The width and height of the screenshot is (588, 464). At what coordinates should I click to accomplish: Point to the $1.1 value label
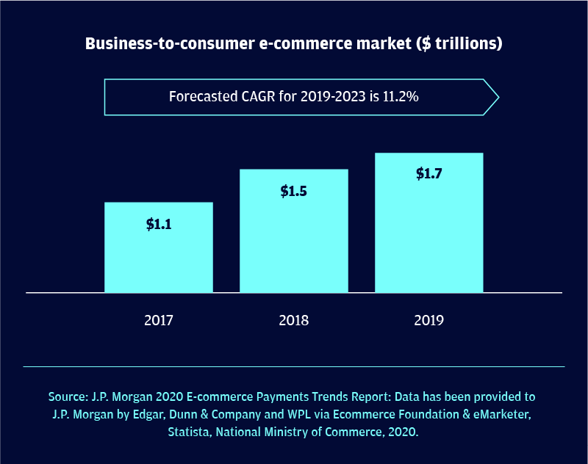tap(159, 225)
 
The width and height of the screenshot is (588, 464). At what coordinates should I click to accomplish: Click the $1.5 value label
tap(294, 192)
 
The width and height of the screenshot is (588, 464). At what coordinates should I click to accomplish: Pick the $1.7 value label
tap(429, 175)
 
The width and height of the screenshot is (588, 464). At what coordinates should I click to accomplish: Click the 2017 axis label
tap(159, 321)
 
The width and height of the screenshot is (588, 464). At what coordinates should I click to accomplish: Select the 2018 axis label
tap(294, 321)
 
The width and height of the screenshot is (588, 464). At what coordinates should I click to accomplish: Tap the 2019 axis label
tap(429, 321)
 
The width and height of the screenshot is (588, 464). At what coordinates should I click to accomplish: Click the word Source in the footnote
tap(68, 396)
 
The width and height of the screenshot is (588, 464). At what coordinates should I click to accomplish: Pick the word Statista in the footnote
tap(193, 433)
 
